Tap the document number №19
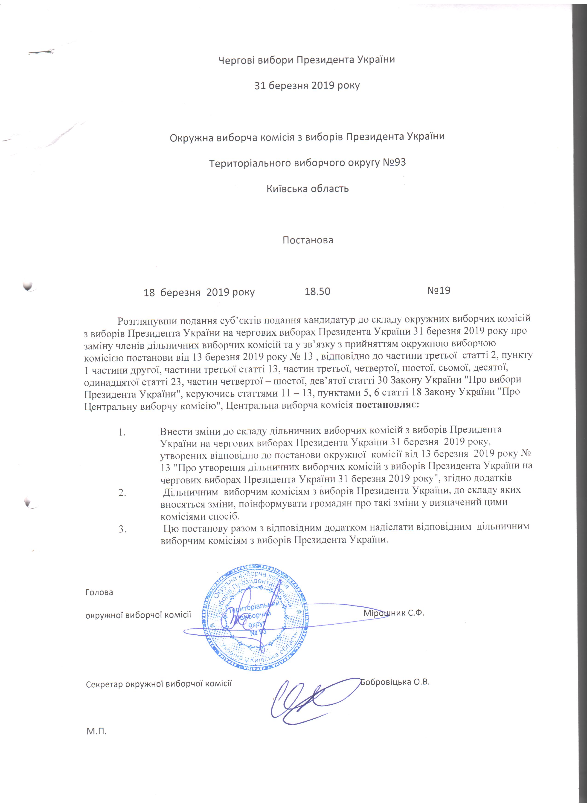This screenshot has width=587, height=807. [x=439, y=291]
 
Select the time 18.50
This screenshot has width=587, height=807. [x=317, y=291]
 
